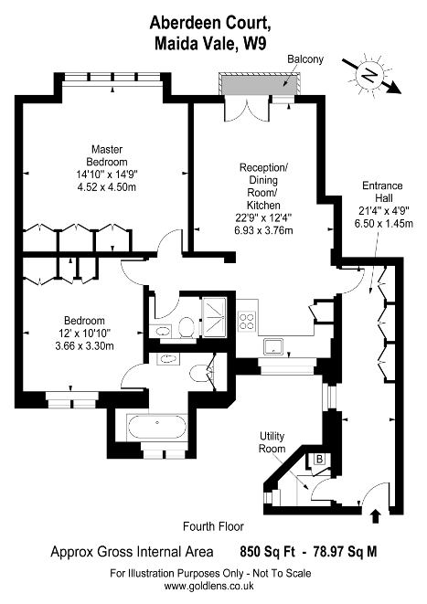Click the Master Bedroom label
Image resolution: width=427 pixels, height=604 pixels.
tap(107, 155)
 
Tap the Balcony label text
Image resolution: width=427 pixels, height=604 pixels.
tap(305, 59)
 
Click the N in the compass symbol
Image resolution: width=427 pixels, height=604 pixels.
tap(368, 75)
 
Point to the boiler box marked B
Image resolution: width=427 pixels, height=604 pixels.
tap(319, 459)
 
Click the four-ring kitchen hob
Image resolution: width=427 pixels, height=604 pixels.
tap(247, 321)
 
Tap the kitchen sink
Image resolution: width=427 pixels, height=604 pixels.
tap(273, 346)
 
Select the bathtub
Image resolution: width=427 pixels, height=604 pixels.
tap(157, 427)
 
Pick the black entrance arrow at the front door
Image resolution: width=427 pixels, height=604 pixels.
tap(376, 516)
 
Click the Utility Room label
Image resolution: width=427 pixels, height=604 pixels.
tap(272, 442)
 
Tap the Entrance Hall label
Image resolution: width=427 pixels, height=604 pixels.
tap(383, 192)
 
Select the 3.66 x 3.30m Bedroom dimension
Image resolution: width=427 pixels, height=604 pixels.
tap(84, 346)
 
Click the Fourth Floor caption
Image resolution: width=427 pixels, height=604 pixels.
tap(214, 526)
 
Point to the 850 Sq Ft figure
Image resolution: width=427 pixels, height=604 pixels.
tap(268, 552)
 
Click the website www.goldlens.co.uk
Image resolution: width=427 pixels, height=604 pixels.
tap(209, 586)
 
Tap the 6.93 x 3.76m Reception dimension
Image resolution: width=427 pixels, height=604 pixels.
tap(264, 230)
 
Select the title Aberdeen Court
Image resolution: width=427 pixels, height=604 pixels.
tap(210, 23)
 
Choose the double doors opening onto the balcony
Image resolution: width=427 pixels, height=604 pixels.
tap(246, 109)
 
